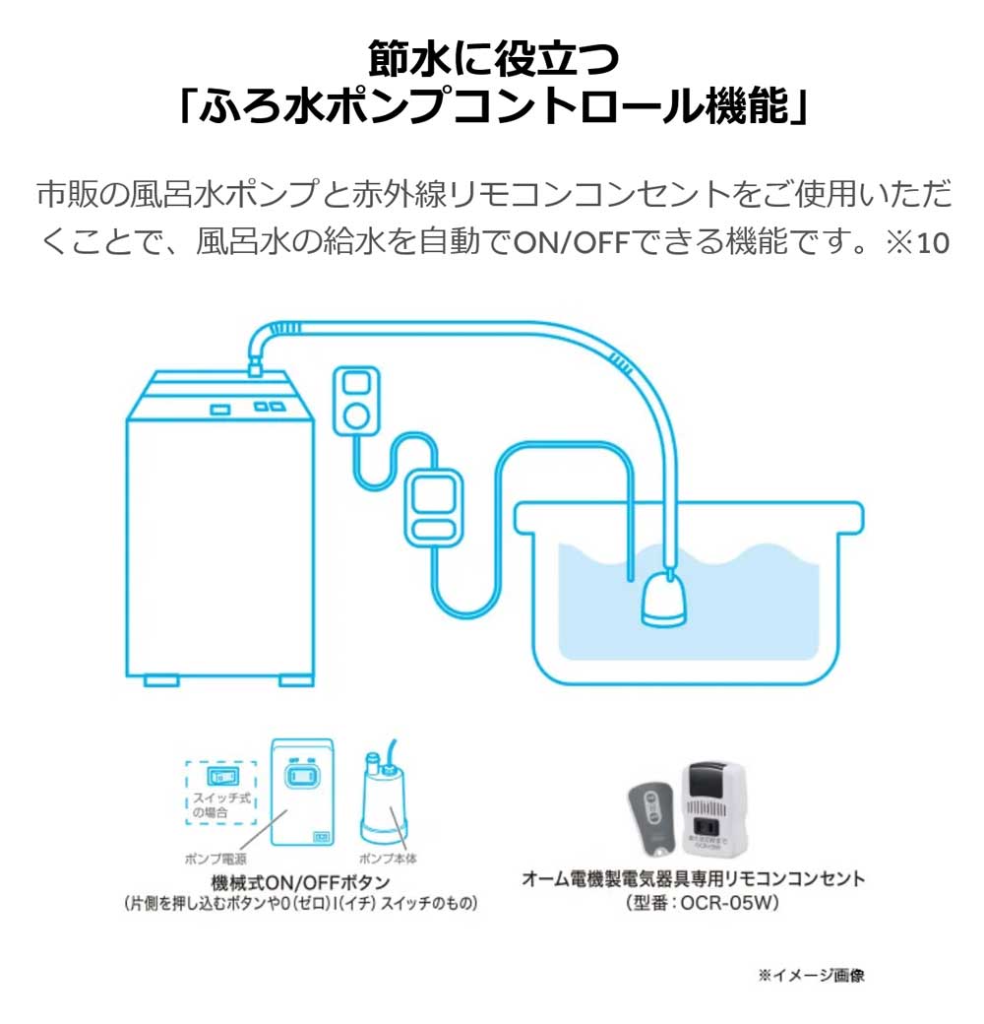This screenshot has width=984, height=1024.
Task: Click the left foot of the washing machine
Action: pos(160,678)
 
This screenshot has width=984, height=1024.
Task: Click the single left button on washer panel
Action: pos(219,408)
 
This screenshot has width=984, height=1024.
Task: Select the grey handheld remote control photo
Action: pos(651,816)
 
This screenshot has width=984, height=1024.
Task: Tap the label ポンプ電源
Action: pos(211,859)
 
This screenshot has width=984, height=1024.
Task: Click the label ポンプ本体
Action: pos(384,859)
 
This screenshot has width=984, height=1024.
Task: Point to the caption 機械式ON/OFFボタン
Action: pos(300,881)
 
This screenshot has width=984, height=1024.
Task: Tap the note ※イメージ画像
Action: pos(811,975)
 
